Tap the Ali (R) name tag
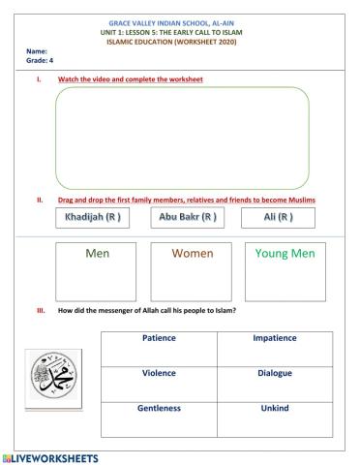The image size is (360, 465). coord(278,218)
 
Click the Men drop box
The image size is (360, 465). coord(98,270)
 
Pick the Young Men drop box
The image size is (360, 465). coord(286,270)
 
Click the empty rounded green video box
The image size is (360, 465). coord(182,137)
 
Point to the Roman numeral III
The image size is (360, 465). coord(41,311)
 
